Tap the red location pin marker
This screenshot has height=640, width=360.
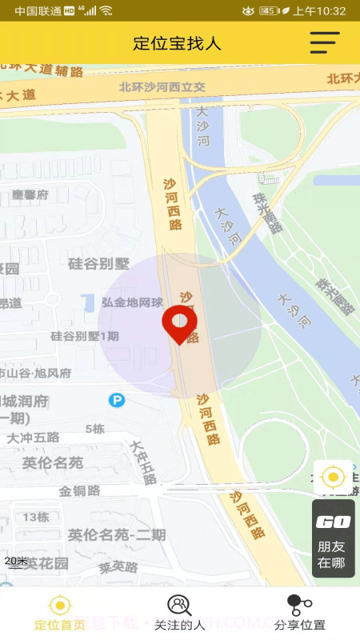coord(180,323)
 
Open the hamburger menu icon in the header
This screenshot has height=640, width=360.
coord(325,42)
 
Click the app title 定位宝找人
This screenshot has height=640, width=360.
coord(177,43)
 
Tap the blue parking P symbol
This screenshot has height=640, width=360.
coord(117,399)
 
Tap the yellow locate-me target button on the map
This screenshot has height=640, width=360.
coord(333,478)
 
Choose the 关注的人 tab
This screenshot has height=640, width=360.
coord(179,614)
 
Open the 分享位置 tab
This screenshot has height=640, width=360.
coord(299,614)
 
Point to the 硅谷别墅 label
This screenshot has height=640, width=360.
coord(98,263)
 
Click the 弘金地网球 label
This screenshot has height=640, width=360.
coord(133,302)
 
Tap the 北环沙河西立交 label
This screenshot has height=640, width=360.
coord(162,87)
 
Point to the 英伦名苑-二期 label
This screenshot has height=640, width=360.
coord(117,534)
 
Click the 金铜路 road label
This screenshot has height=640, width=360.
coord(79,490)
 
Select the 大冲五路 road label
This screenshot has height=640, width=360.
coord(34,438)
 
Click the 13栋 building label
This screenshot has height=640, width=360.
coord(36,517)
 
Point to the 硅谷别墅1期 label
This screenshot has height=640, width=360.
coord(84,336)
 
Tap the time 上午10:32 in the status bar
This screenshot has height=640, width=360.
coord(319,10)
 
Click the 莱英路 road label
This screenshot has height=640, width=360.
coord(118,567)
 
